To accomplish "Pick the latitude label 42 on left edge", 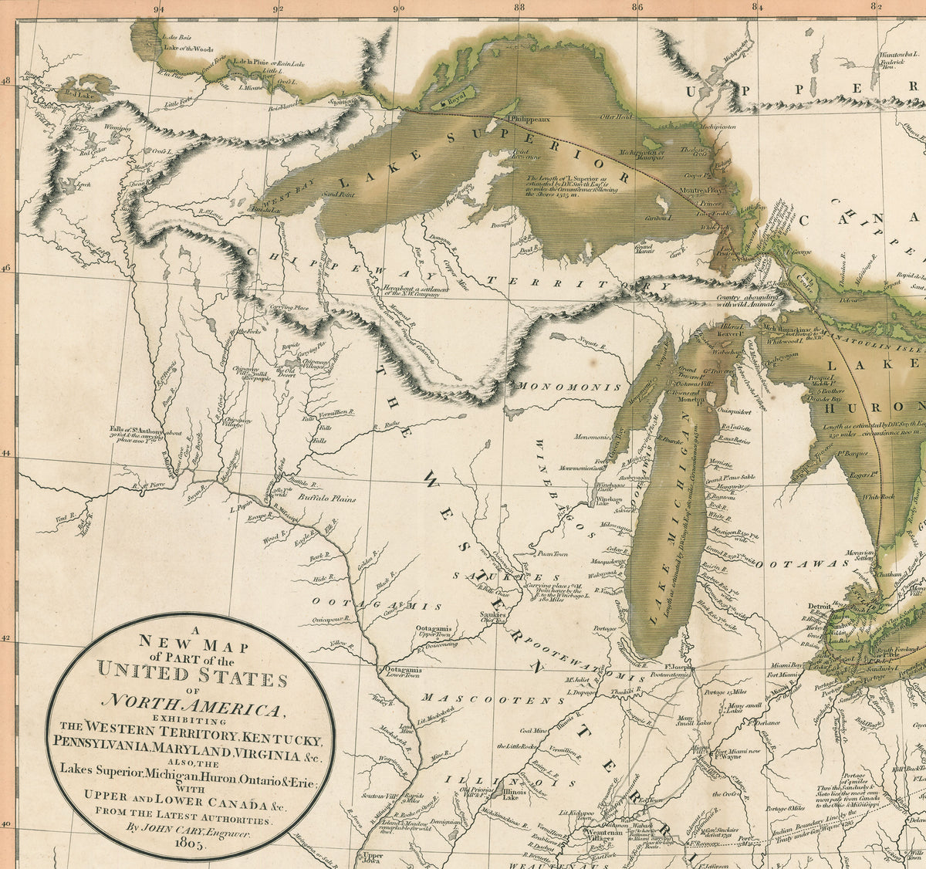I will (x=8, y=638).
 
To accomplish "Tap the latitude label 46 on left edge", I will (x=8, y=268).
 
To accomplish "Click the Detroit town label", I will (x=820, y=607).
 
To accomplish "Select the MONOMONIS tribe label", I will (x=570, y=386).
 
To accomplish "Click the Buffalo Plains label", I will (x=326, y=499).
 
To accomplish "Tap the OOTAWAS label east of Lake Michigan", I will (x=796, y=564).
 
